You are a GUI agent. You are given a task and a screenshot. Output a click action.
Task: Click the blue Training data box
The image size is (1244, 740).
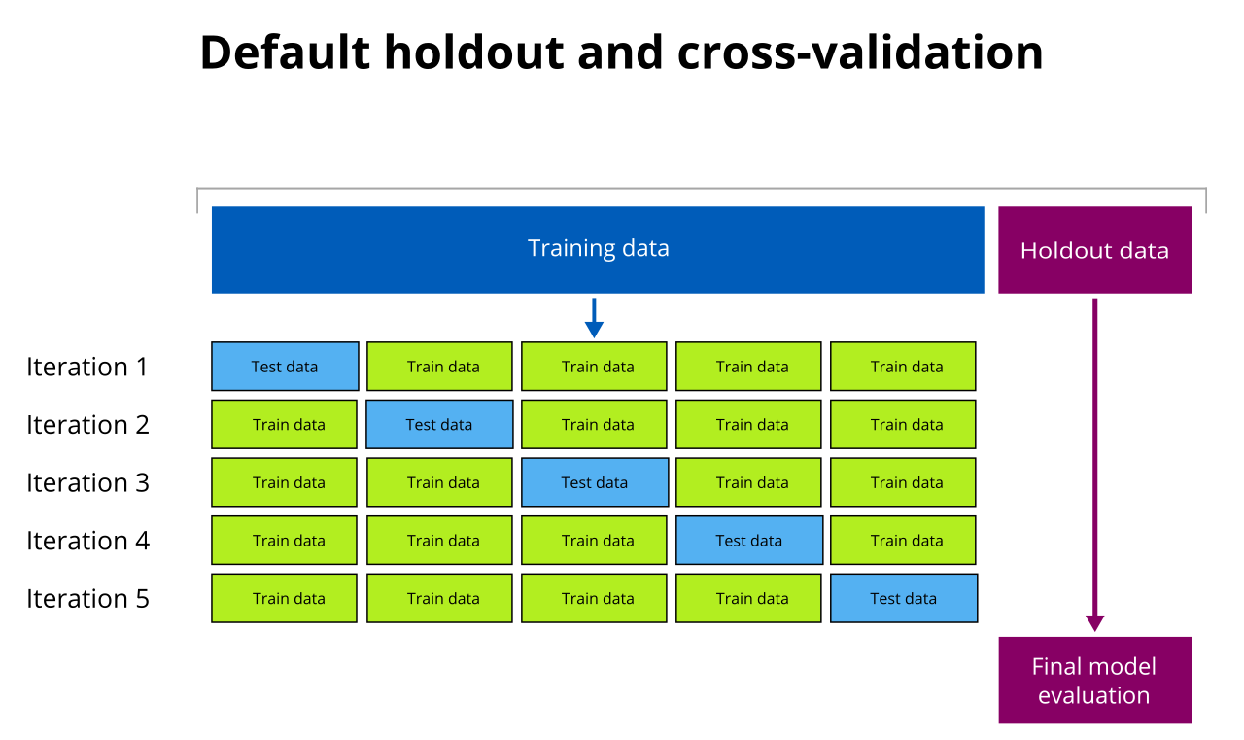click(598, 249)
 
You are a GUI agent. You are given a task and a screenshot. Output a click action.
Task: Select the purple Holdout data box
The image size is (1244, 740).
click(1094, 250)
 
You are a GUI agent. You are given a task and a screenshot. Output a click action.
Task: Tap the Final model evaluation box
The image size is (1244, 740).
click(1094, 681)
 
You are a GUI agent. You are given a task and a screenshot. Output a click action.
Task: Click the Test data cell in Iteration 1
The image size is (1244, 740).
click(285, 367)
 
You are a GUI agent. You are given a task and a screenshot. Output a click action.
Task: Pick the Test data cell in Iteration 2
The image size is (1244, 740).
click(439, 425)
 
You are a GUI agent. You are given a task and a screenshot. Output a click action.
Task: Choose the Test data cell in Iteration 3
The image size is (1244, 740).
click(595, 482)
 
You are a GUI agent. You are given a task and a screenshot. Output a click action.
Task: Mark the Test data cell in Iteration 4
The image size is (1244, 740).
click(749, 541)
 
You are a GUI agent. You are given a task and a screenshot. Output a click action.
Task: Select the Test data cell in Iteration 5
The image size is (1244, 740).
click(904, 598)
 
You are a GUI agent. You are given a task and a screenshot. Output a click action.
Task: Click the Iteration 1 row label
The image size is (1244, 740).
click(87, 367)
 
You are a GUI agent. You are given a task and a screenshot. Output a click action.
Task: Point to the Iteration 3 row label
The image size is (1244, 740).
click(87, 482)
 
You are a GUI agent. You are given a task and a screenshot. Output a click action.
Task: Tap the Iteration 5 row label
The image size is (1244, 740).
click(87, 598)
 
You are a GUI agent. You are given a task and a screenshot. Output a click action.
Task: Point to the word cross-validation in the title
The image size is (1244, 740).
click(860, 53)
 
